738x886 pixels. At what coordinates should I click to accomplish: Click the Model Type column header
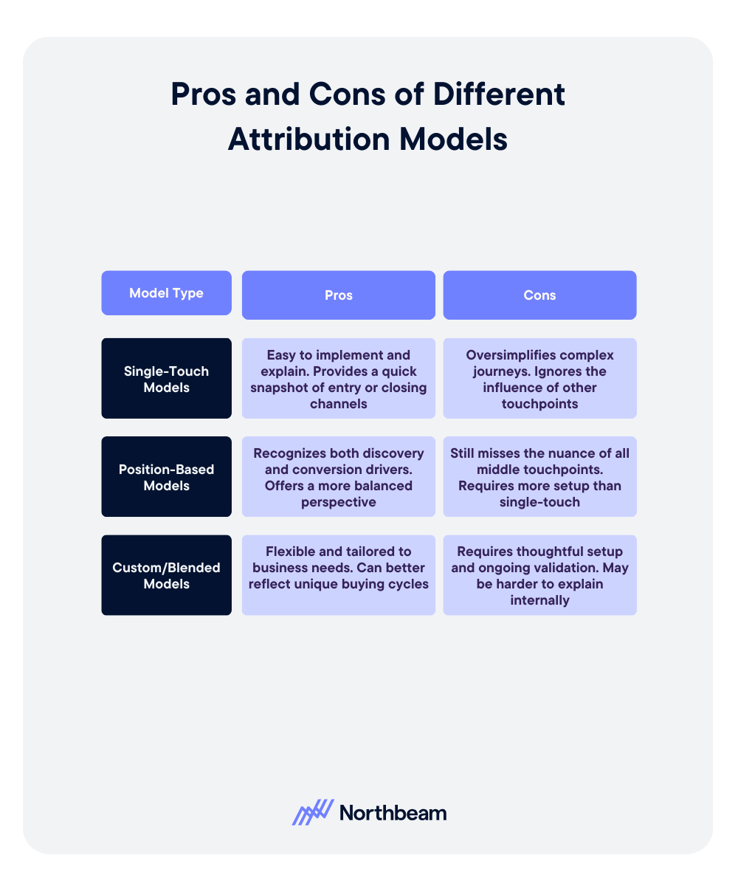(x=166, y=293)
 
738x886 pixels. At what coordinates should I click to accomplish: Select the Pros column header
(x=339, y=295)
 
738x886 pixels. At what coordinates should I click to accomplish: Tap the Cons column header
(x=539, y=295)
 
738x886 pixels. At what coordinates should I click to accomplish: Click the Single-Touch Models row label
(x=166, y=379)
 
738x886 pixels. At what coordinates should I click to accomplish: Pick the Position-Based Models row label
(x=166, y=477)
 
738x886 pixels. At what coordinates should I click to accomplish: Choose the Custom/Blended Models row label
(x=166, y=575)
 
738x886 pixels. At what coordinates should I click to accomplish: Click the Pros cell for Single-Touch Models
(x=339, y=379)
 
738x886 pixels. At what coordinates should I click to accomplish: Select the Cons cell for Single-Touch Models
(x=539, y=379)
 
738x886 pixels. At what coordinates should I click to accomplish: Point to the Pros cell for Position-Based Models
(x=339, y=477)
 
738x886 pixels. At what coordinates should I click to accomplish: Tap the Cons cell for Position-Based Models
(x=539, y=477)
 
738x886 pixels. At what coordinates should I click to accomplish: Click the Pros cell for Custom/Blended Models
(x=339, y=575)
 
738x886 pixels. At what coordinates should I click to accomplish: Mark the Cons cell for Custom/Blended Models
(x=539, y=575)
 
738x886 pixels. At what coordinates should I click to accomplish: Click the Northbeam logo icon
(x=312, y=812)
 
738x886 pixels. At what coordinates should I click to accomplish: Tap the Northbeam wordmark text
(x=393, y=813)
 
